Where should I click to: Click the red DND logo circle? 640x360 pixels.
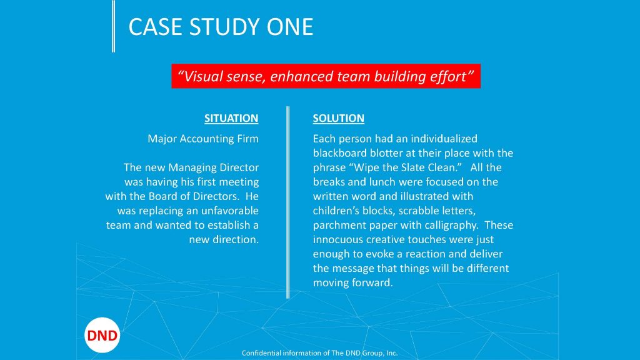pos(102,335)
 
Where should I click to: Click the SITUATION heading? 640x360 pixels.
pos(231,118)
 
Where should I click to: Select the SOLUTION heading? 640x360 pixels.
pos(338,118)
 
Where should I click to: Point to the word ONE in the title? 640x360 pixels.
pos(290,27)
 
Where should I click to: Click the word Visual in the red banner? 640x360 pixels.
pos(202,76)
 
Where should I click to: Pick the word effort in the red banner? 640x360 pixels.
pos(452,76)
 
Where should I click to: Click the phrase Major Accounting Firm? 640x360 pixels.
pos(203,139)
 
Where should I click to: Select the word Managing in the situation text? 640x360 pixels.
pos(192,167)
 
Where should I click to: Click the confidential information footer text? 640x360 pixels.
pos(319,353)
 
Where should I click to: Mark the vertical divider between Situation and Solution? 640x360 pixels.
pos(287,202)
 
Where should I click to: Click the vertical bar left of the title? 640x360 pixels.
pos(114,26)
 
